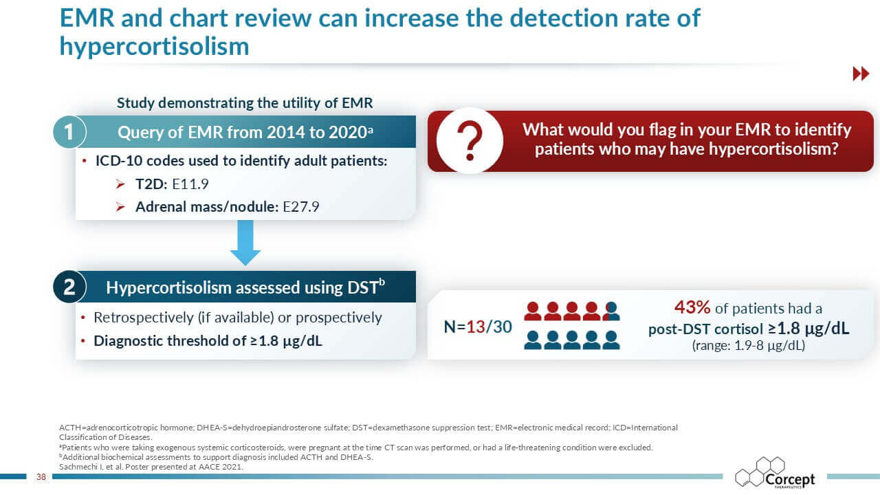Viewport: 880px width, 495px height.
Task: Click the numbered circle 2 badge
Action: click(x=69, y=287)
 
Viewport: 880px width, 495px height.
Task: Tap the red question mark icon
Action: click(x=470, y=140)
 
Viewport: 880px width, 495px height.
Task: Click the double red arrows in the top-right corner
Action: click(x=861, y=74)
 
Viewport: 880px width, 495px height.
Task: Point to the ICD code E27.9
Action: click(x=301, y=206)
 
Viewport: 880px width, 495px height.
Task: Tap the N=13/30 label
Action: click(x=478, y=327)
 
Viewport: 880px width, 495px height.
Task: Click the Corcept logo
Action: click(x=775, y=474)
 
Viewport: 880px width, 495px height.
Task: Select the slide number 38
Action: click(x=41, y=476)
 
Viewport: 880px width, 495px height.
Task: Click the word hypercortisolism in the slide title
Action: click(x=154, y=46)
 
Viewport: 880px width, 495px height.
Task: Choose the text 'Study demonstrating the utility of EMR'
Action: click(x=245, y=103)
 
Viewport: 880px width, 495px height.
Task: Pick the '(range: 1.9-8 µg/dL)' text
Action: click(x=748, y=346)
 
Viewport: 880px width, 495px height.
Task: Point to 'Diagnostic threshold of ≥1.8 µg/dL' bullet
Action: click(x=208, y=340)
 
